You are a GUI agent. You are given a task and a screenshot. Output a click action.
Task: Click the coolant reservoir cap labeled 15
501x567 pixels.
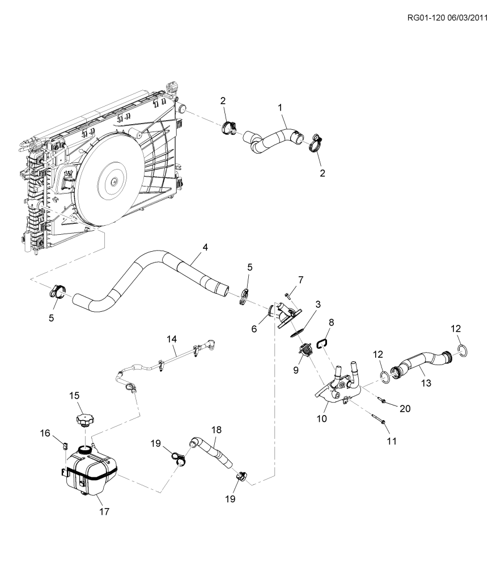coord(85,421)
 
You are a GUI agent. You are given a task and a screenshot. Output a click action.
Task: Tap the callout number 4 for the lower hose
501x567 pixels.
coord(205,248)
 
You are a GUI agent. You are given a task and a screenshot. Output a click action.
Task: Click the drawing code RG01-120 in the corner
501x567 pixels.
coord(426,18)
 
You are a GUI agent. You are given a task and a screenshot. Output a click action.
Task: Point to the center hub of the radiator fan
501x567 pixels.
coord(114,182)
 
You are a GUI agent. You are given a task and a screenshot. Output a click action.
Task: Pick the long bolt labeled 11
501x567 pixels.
coord(378,418)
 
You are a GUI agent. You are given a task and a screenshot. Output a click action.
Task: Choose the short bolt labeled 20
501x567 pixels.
coord(382,400)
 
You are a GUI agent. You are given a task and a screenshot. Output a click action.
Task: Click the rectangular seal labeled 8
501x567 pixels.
coord(322,343)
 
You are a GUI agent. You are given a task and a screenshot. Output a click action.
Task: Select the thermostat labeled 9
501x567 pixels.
coord(305,350)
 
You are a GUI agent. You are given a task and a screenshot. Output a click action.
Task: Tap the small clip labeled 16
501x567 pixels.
coord(65,445)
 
